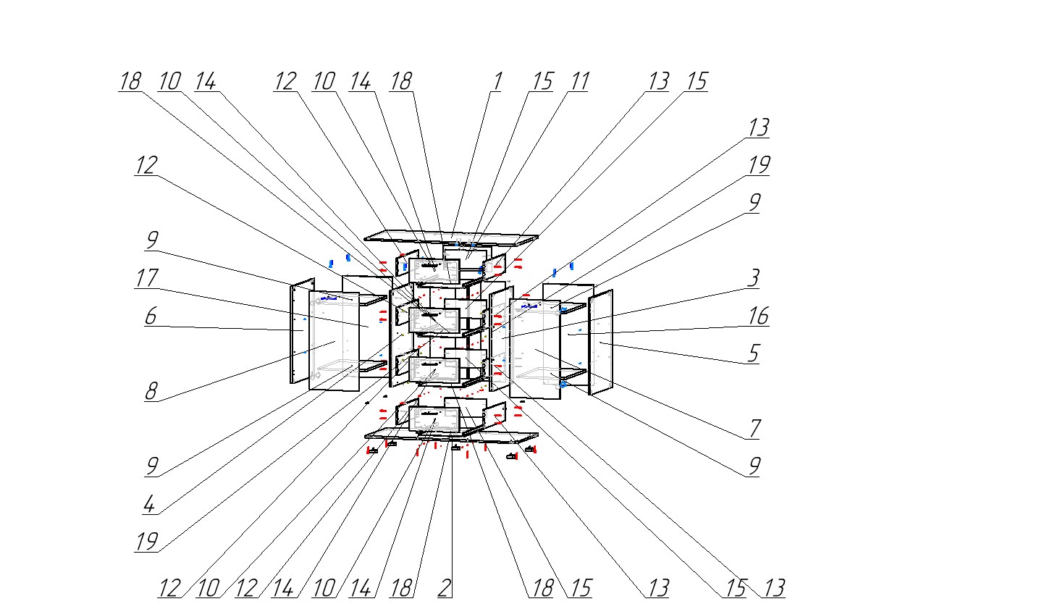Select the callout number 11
(579, 81)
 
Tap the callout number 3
(754, 277)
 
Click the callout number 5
(754, 353)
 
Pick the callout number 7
(754, 429)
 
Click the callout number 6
(151, 316)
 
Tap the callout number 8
(151, 392)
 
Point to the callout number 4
(148, 504)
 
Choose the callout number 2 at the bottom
(445, 588)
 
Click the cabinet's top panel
(450, 235)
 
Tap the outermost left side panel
(301, 332)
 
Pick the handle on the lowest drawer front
(434, 413)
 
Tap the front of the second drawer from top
(434, 321)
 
